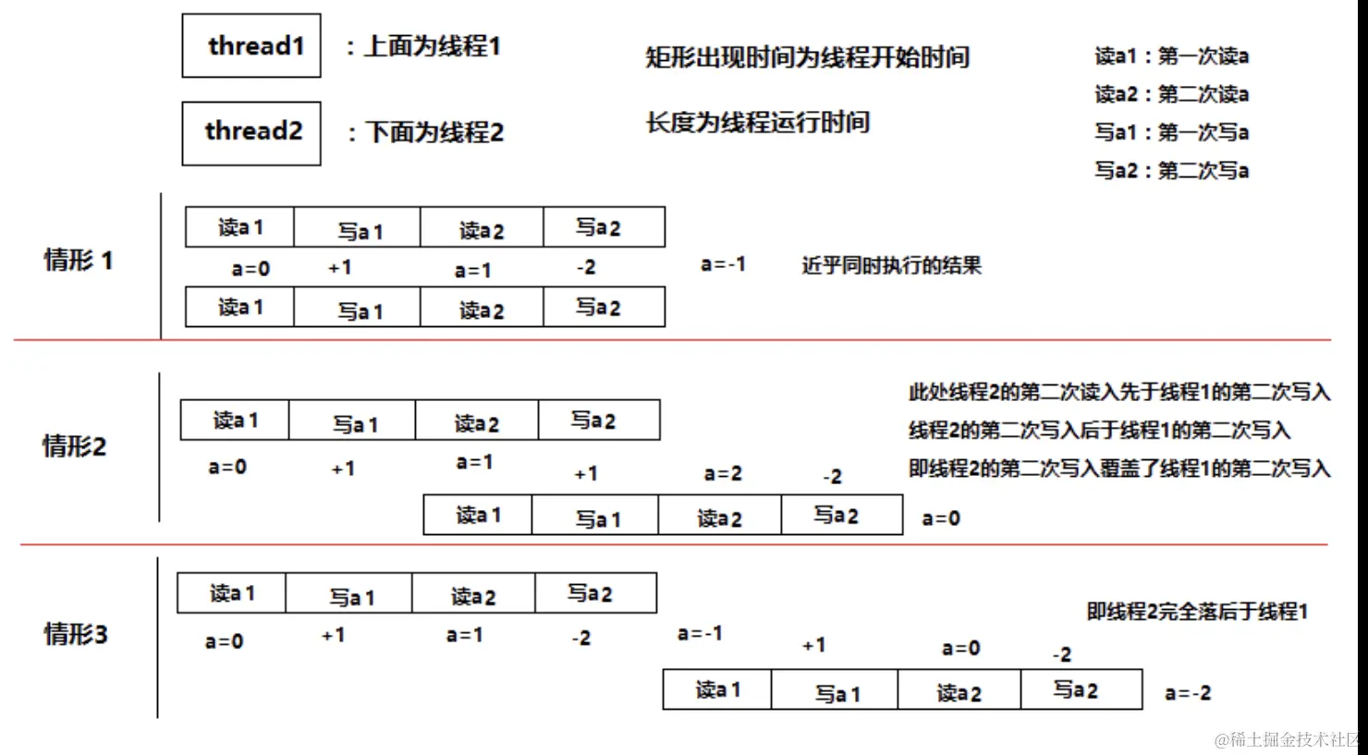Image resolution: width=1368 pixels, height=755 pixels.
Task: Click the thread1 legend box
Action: coord(251,45)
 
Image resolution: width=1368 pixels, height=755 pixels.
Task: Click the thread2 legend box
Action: coord(251,133)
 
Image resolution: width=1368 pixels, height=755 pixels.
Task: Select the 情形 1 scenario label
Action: coord(79,261)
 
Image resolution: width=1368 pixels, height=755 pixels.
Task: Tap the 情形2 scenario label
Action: coord(75,447)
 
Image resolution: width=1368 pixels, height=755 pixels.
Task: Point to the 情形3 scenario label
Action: coord(76,634)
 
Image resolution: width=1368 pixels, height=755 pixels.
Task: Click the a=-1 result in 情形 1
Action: coord(723,264)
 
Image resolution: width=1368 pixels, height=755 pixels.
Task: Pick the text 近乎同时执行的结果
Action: coord(891,266)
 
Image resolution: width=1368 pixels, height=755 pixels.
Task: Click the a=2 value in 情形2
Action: coord(723,474)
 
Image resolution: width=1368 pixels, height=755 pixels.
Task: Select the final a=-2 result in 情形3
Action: coord(1188,693)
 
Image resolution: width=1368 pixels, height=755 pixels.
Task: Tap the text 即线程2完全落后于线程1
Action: coord(1197,612)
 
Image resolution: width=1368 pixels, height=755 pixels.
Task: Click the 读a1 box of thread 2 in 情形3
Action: coord(717,690)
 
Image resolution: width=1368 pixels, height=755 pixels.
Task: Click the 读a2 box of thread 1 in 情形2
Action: coord(477,421)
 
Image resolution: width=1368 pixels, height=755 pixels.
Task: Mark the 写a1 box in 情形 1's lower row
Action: coord(358,308)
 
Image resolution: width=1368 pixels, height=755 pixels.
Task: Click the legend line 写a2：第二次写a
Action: coord(1171,171)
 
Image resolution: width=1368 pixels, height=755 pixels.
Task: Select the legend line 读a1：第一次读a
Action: coord(1171,56)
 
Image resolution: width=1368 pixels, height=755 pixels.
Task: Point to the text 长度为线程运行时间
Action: coord(758,123)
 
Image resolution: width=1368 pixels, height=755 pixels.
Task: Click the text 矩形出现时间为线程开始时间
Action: coord(807,57)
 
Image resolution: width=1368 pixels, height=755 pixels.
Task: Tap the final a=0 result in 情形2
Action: coord(941,518)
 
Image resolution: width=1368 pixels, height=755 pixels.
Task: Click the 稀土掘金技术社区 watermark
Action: coord(1289,739)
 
